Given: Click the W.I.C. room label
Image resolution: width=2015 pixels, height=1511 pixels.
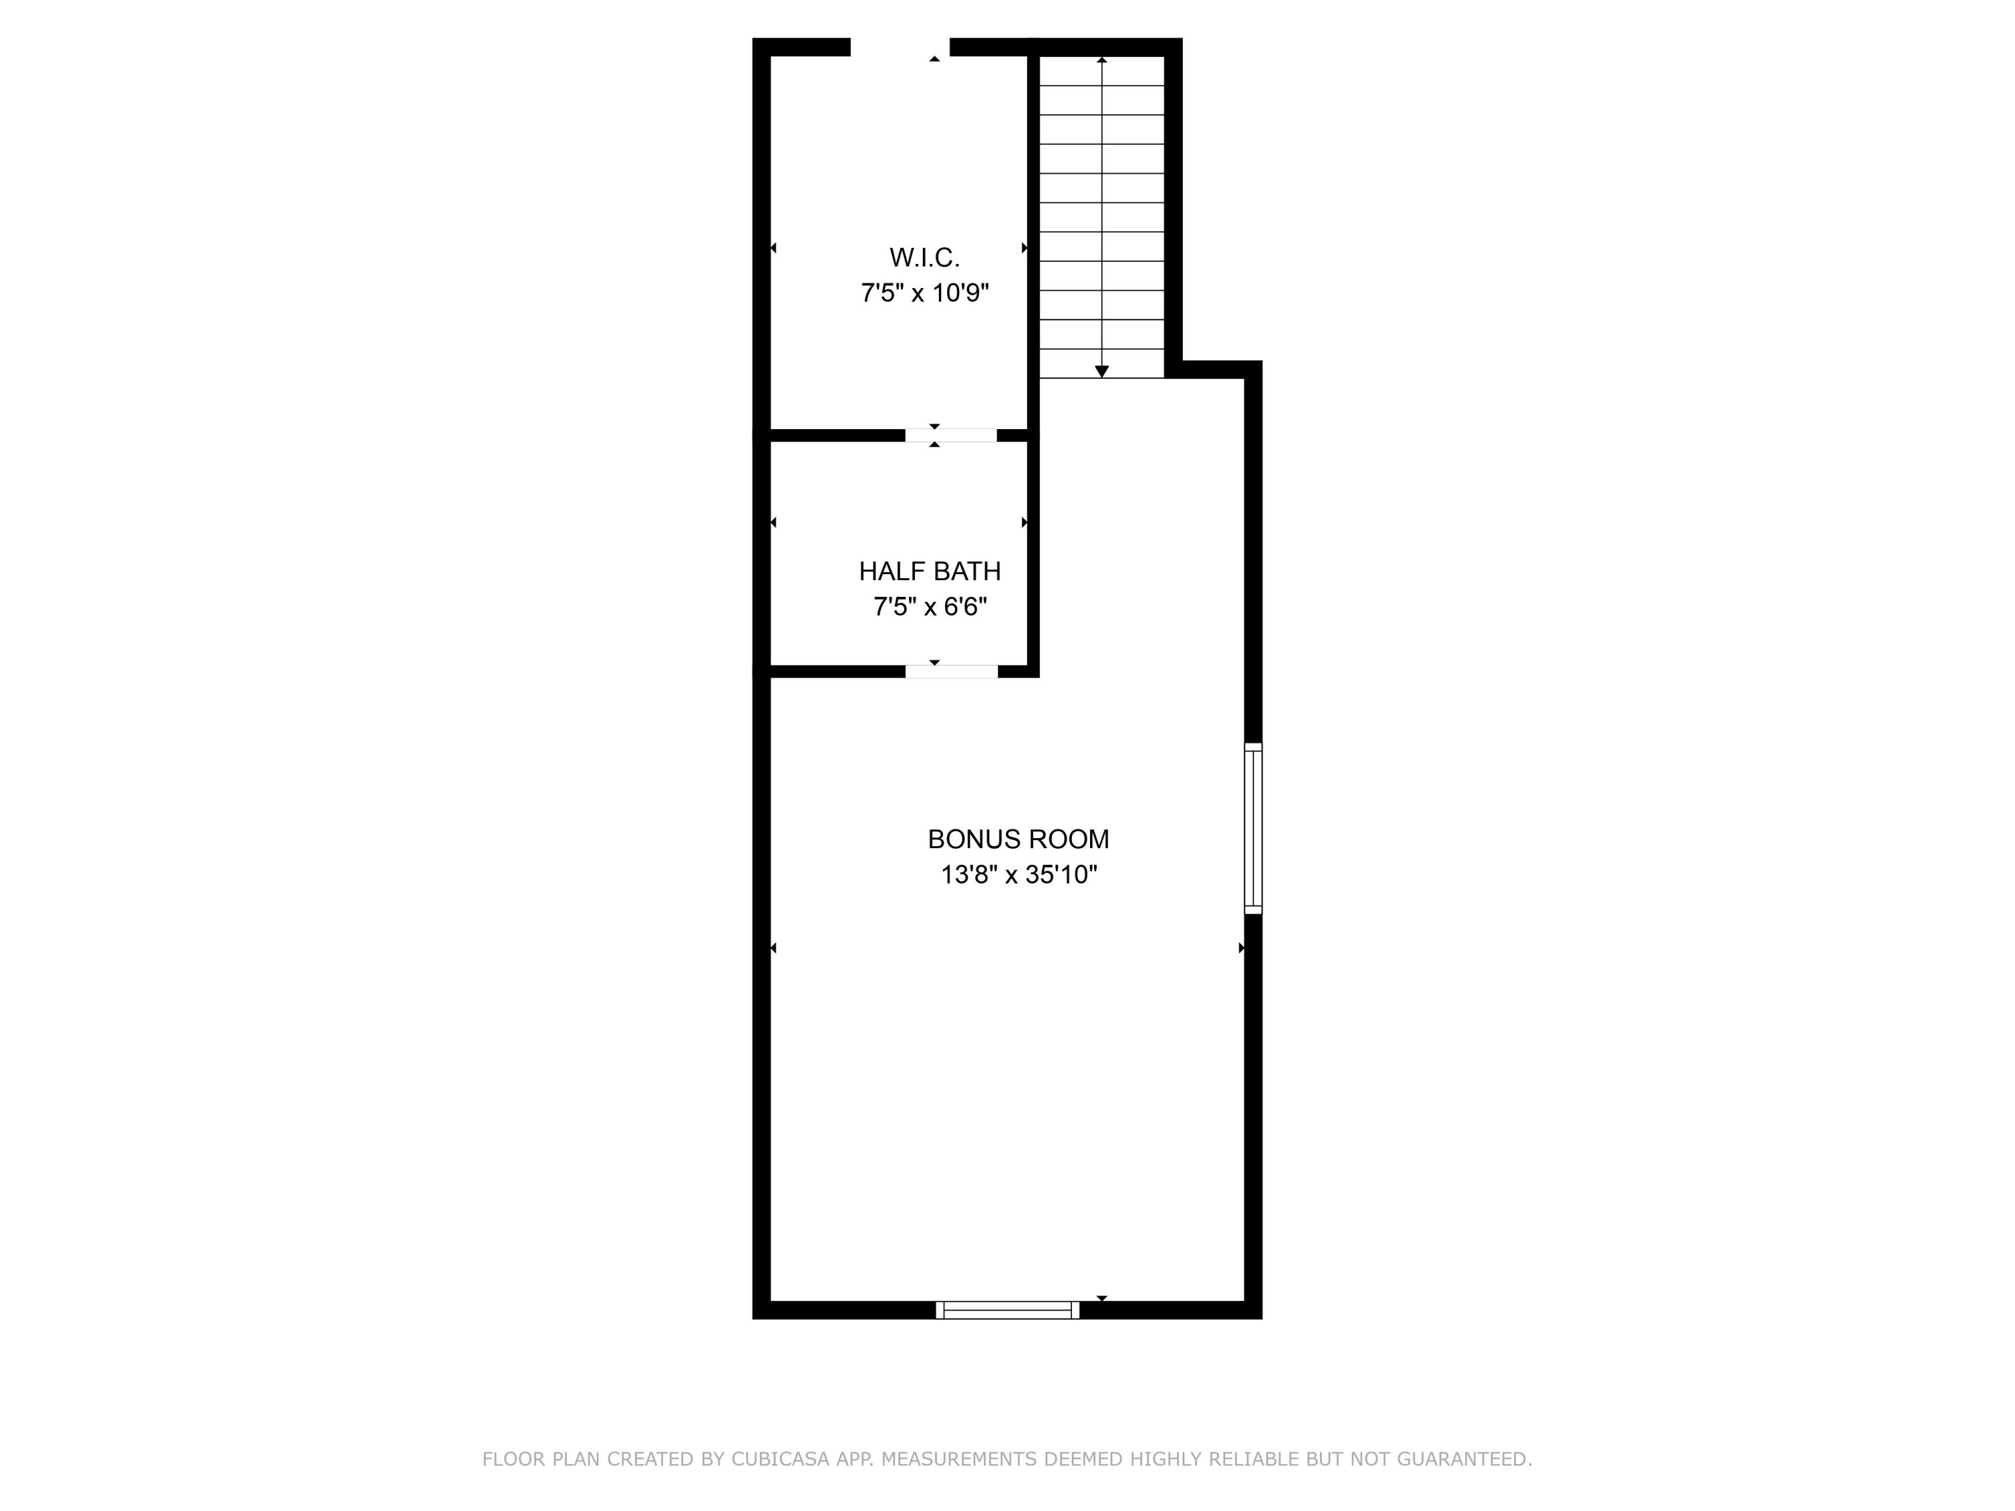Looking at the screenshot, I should click(925, 258).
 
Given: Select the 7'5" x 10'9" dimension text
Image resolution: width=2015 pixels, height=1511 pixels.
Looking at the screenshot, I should click(925, 293).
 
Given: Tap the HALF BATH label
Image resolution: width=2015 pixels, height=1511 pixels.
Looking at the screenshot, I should click(929, 571).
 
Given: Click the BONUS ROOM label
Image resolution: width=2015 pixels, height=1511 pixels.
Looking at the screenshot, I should click(1018, 839).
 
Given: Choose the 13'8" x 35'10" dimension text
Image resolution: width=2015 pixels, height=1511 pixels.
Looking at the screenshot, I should click(1018, 874).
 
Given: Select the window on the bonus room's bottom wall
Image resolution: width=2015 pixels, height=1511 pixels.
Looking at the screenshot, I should click(1007, 1310).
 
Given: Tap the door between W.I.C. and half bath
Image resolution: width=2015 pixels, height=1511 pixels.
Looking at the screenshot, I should click(951, 435).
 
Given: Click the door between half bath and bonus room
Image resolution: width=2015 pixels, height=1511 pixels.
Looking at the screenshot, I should click(951, 672).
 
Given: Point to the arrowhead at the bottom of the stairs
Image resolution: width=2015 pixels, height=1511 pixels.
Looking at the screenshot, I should click(1102, 371).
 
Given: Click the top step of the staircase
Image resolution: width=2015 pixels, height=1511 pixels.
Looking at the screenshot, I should click(1102, 71).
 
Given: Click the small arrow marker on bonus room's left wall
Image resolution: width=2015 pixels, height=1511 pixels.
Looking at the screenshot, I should click(773, 948).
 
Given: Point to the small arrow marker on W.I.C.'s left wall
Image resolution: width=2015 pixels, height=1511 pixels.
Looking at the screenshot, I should click(773, 248).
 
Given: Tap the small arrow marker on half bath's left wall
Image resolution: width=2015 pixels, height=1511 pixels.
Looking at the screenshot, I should click(773, 522).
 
